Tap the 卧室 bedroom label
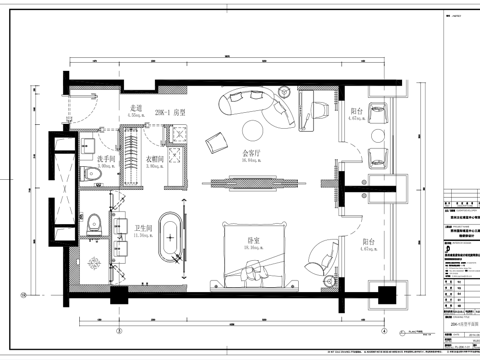[255, 240]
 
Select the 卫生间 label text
[130, 230]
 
